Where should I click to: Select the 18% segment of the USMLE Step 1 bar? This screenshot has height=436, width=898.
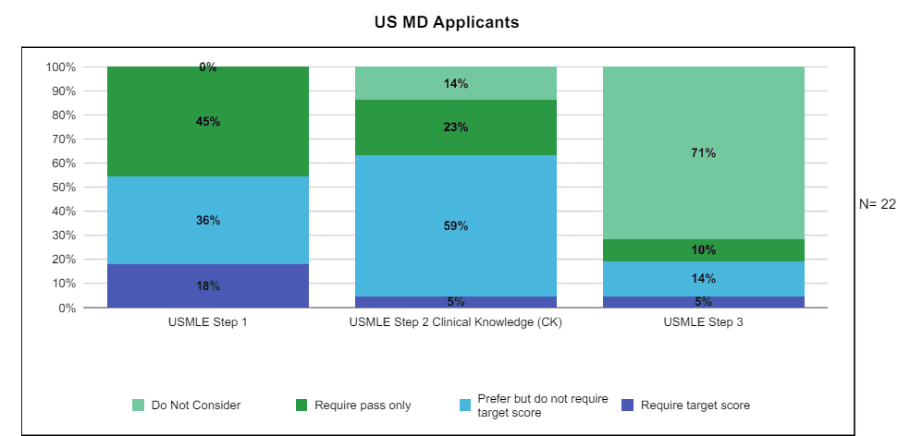(208, 285)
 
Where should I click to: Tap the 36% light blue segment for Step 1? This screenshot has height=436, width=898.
(208, 220)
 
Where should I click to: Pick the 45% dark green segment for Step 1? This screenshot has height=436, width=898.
(208, 121)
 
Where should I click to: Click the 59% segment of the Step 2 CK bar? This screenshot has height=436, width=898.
(456, 225)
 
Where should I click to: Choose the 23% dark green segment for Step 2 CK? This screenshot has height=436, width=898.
(456, 127)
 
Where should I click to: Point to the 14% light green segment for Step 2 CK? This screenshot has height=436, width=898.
(456, 83)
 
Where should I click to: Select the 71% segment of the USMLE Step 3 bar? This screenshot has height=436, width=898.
(704, 152)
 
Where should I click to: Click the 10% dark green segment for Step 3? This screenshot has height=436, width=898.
(704, 249)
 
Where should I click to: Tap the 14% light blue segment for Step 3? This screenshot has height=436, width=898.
(704, 278)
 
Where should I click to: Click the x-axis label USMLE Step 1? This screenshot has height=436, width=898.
(208, 322)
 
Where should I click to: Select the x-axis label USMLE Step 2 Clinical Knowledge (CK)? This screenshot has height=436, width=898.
(456, 322)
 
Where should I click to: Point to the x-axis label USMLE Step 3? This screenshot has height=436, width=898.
(704, 322)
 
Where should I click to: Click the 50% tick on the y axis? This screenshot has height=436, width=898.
(61, 188)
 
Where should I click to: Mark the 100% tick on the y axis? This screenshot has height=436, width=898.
(59, 67)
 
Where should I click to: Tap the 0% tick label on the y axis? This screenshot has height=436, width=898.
(65, 309)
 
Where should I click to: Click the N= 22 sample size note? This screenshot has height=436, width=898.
(877, 204)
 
